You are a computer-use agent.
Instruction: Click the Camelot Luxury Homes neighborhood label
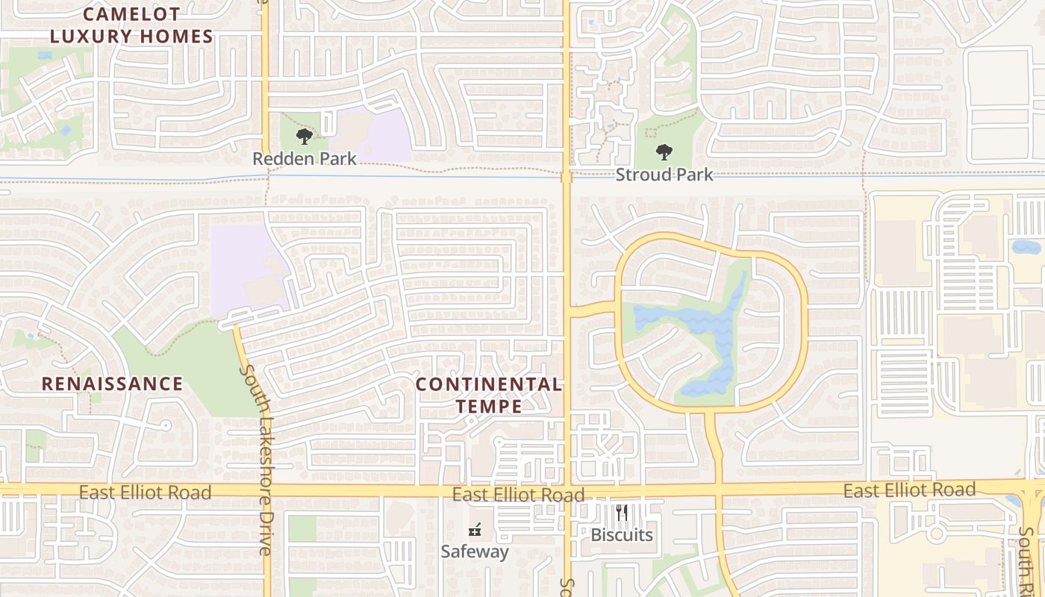(131, 25)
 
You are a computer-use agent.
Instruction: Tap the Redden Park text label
(304, 159)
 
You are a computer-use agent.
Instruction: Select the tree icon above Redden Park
(304, 137)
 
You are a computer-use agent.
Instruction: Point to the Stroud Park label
(664, 175)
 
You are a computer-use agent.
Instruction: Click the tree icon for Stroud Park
(664, 153)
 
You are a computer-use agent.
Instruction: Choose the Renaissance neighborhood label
(112, 384)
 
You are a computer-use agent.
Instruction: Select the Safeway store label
(474, 552)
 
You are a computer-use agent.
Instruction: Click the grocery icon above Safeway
(474, 531)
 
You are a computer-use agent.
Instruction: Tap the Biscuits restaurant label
(622, 535)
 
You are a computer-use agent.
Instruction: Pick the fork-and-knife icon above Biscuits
(622, 513)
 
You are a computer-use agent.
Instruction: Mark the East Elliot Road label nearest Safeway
(518, 496)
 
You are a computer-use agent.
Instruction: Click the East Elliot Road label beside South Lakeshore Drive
(145, 493)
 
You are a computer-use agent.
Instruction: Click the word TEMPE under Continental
(489, 407)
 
